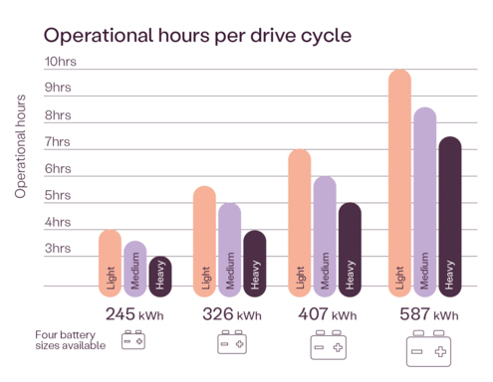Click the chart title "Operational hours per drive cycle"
pyautogui.click(x=195, y=37)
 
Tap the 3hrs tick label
pyautogui.click(x=58, y=248)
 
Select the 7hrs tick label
pyautogui.click(x=58, y=142)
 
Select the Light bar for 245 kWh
pyautogui.click(x=111, y=264)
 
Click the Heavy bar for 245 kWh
pyautogui.click(x=160, y=277)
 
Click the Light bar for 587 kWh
pyautogui.click(x=399, y=183)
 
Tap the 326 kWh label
pyautogui.click(x=230, y=314)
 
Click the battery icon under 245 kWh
pyautogui.click(x=133, y=341)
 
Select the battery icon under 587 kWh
pyautogui.click(x=428, y=349)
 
